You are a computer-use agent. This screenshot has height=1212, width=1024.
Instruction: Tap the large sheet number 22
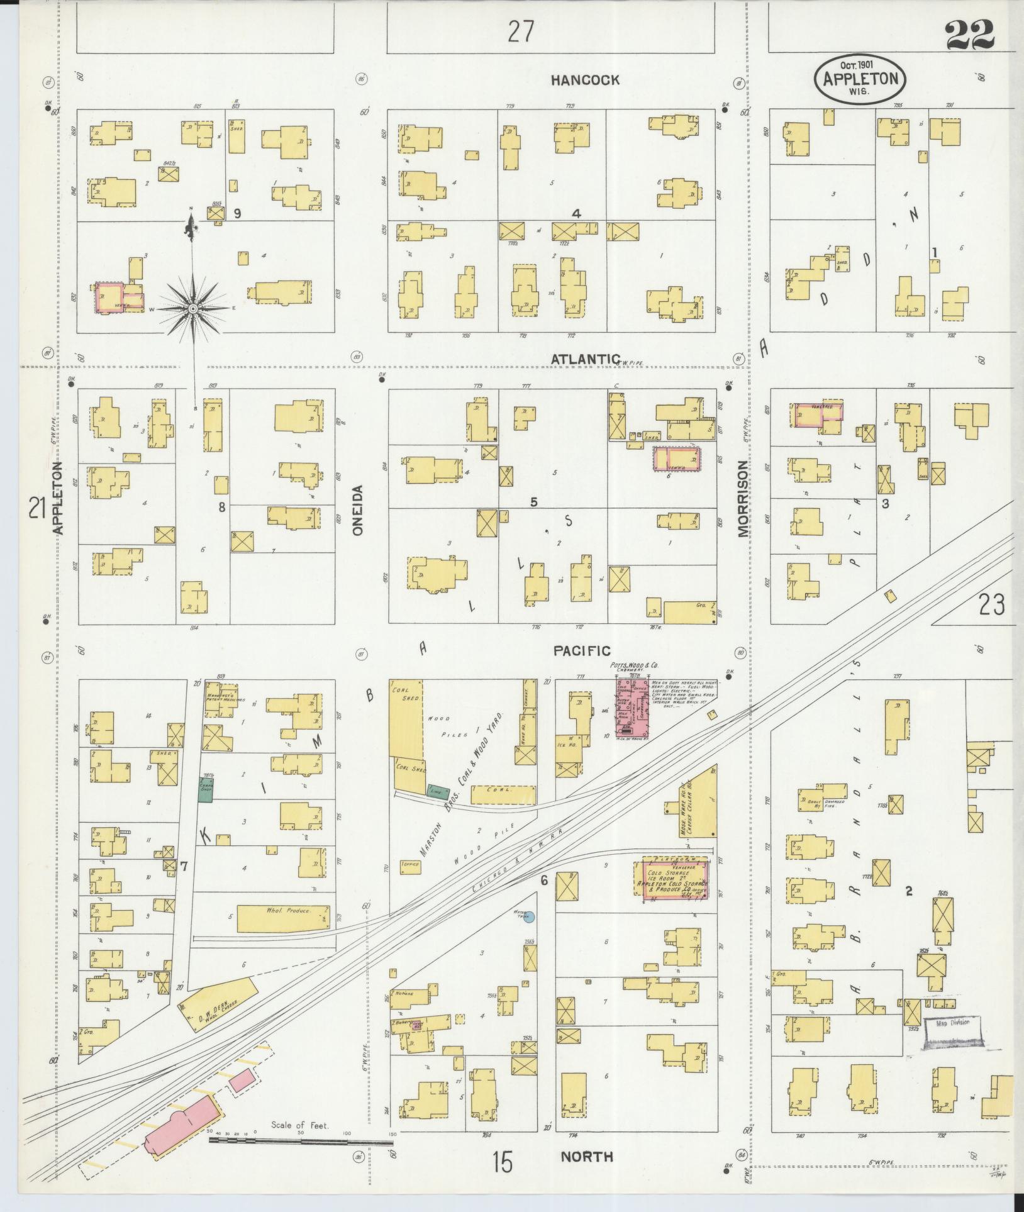tap(969, 35)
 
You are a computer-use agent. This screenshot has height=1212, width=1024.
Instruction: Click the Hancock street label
tap(585, 80)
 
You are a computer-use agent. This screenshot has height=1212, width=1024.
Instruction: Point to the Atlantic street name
tap(586, 359)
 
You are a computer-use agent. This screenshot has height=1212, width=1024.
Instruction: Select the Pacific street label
tap(582, 651)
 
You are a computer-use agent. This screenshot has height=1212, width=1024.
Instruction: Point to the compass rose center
tap(193, 309)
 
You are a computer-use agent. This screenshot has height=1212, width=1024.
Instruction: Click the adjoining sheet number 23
tap(991, 605)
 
